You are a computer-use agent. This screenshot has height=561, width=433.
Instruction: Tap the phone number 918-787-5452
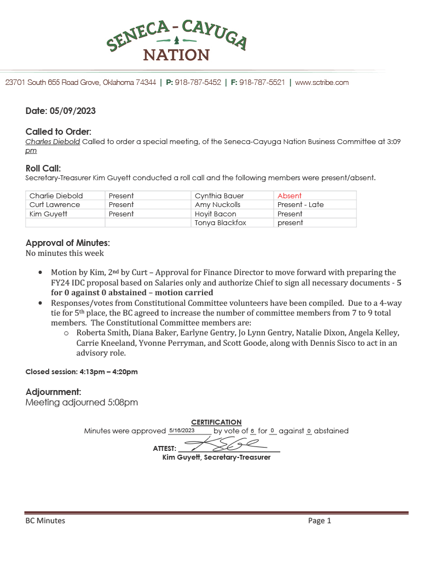(x=198, y=83)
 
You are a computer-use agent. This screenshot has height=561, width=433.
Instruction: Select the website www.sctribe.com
(x=322, y=83)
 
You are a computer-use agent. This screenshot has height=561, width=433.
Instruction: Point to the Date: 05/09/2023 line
(x=61, y=111)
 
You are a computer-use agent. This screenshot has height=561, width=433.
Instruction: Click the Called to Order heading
(x=59, y=131)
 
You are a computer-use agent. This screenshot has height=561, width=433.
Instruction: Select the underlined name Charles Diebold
(x=53, y=141)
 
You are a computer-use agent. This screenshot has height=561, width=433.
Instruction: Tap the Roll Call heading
(x=43, y=168)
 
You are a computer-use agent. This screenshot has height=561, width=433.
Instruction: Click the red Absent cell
(x=290, y=196)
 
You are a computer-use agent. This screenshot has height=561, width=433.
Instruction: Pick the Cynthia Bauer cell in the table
(x=219, y=196)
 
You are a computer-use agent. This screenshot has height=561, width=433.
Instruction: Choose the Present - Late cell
(x=301, y=205)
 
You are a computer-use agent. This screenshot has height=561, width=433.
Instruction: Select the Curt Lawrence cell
(x=55, y=205)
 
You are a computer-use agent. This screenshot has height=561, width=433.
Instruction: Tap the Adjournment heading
(x=54, y=392)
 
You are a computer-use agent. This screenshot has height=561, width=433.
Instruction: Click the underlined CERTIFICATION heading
(x=216, y=422)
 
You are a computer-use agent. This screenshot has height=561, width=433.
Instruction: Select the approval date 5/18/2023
(x=182, y=431)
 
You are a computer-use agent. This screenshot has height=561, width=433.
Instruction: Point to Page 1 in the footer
(x=320, y=520)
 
